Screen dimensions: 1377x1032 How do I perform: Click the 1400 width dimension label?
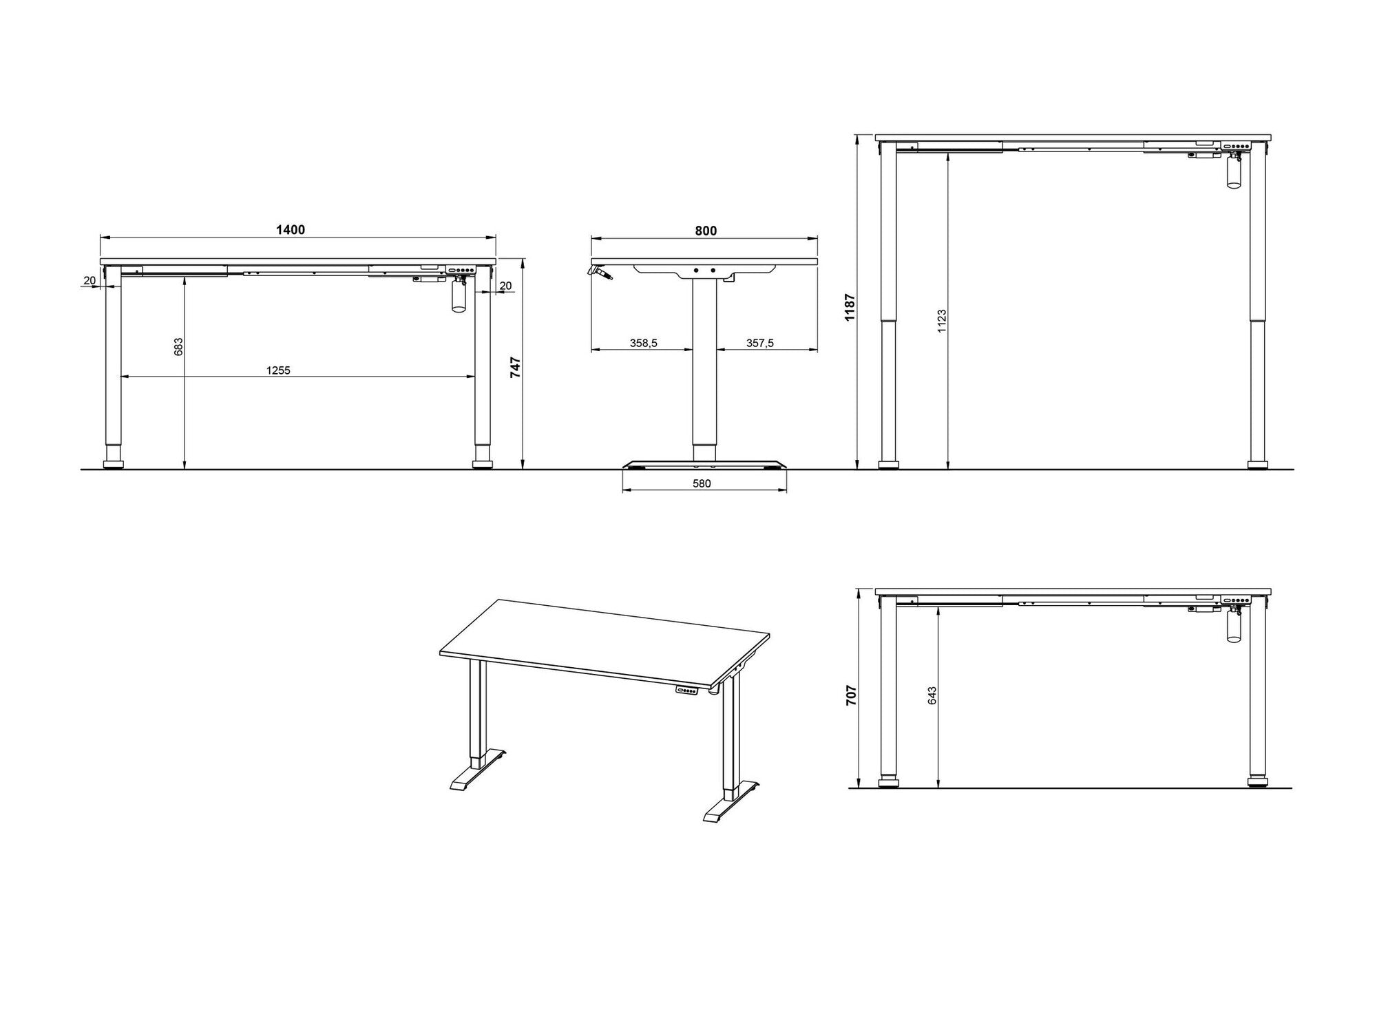tap(291, 230)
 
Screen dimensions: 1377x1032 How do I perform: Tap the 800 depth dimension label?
tap(706, 231)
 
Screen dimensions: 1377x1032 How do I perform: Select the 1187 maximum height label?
tap(850, 307)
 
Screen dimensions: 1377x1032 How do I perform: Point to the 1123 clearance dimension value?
tap(942, 321)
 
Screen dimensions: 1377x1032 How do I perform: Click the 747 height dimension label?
tap(516, 368)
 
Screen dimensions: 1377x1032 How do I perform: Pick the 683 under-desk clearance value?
tap(178, 346)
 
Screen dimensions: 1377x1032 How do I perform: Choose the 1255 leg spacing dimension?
tap(278, 370)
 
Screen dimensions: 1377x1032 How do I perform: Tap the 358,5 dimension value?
tap(643, 343)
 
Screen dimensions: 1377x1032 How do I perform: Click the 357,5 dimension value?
tap(760, 343)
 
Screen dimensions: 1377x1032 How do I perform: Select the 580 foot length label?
tap(702, 483)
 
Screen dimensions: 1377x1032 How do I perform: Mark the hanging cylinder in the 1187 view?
tap(1232, 173)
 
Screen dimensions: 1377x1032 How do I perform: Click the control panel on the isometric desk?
tap(688, 691)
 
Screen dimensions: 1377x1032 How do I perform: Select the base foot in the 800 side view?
tap(704, 464)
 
